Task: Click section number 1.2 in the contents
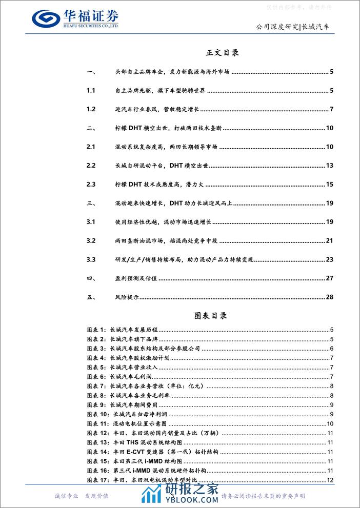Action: (x=91, y=109)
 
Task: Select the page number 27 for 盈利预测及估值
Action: (x=330, y=278)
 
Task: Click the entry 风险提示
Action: (x=128, y=297)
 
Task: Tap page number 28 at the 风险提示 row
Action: (x=330, y=297)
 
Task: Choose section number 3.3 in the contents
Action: (x=91, y=259)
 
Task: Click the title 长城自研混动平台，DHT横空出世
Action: (x=163, y=166)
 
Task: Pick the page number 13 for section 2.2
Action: (x=330, y=166)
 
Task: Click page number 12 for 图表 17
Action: (x=331, y=480)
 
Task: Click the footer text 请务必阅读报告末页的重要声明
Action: (x=263, y=496)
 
